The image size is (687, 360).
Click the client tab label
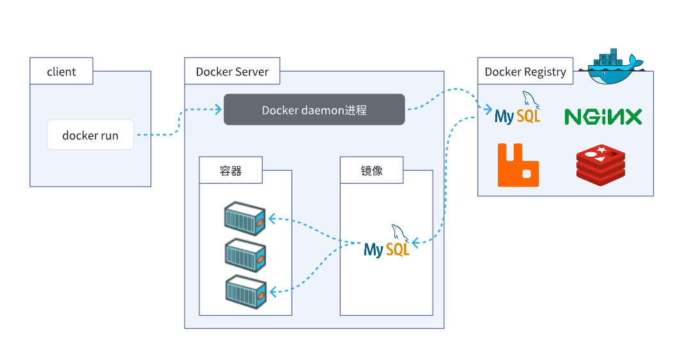click(x=61, y=72)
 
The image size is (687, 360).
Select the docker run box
click(x=90, y=135)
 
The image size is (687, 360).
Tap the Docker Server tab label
click(x=232, y=72)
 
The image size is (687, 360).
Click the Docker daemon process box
click(x=314, y=109)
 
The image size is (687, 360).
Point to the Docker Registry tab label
click(x=525, y=72)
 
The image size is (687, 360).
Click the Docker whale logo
click(x=610, y=67)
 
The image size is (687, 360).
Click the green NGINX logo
click(x=603, y=116)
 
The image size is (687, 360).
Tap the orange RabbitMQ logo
click(x=518, y=165)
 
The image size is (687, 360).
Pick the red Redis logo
click(x=600, y=164)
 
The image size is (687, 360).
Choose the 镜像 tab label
click(x=371, y=171)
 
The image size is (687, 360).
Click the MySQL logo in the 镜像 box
click(x=387, y=243)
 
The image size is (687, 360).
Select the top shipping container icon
click(x=245, y=219)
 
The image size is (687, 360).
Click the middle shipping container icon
click(x=245, y=255)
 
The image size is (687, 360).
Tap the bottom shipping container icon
click(x=245, y=291)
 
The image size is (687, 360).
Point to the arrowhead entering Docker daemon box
click(x=219, y=109)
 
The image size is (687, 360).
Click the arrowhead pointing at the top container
click(x=271, y=219)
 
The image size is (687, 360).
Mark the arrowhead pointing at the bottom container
click(x=272, y=292)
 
